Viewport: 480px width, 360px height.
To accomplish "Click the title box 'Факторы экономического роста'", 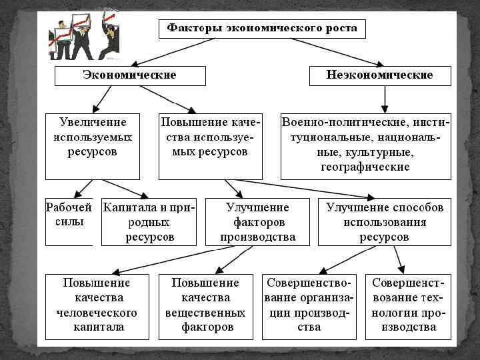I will click(262, 29).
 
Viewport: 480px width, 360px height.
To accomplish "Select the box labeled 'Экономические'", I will click(129, 75).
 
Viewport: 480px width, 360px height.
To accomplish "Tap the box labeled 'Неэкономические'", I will click(379, 75).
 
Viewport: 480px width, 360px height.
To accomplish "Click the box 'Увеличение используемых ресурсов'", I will click(93, 146).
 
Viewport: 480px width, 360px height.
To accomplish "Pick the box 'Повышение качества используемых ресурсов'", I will click(210, 146).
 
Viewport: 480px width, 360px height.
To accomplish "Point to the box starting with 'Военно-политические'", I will click(365, 146).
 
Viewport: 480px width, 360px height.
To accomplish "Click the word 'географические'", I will click(365, 167).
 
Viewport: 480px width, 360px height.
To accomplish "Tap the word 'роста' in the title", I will click(342, 28).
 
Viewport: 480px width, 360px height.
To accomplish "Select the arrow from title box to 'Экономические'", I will click(167, 50).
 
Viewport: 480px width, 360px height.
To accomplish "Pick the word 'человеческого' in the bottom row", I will click(96, 313).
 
